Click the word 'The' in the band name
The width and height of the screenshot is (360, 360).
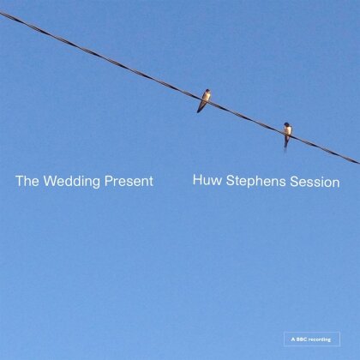[x=27, y=182]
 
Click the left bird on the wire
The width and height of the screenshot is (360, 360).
[x=204, y=99]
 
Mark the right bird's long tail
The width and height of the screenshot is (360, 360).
[x=286, y=146]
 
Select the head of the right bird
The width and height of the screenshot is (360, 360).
[x=288, y=125]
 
